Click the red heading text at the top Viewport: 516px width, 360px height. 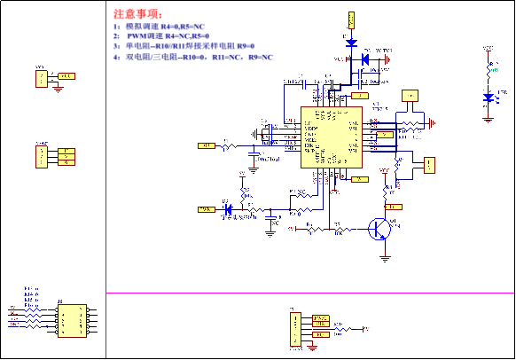click(x=137, y=14)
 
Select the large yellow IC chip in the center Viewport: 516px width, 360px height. click(x=331, y=137)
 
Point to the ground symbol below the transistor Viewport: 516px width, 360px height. click(x=385, y=257)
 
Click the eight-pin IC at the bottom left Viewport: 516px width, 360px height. click(x=72, y=321)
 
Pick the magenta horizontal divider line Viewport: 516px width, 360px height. click(x=310, y=293)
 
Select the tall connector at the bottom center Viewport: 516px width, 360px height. click(x=295, y=328)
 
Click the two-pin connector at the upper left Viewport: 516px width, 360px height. click(x=41, y=78)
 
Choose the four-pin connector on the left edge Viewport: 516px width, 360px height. click(x=41, y=156)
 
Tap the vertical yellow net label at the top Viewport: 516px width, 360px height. click(x=351, y=20)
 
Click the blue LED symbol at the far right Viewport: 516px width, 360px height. click(x=489, y=96)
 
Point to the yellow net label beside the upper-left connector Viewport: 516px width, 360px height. click(x=66, y=76)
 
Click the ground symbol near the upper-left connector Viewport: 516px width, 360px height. click(x=58, y=87)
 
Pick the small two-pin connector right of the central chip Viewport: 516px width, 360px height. click(x=430, y=165)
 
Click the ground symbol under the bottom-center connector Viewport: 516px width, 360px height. click(x=315, y=344)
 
